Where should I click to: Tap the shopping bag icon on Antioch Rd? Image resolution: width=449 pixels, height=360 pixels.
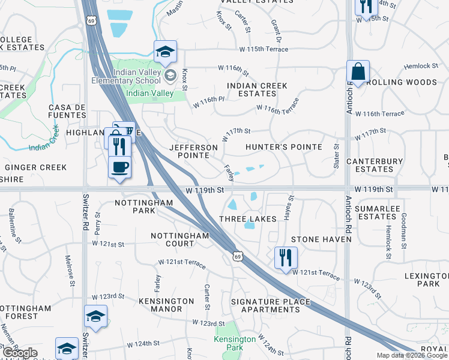point(358,72)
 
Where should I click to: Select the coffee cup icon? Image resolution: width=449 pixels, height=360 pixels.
point(119,166)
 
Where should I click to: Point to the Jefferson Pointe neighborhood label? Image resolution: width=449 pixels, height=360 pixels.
point(193,151)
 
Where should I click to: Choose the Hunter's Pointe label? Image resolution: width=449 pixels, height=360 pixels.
point(284,147)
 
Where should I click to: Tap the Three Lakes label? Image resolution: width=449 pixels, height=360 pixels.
point(247,219)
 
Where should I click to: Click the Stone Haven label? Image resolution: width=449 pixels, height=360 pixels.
point(321,239)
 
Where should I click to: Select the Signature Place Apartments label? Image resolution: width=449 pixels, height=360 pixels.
point(270,305)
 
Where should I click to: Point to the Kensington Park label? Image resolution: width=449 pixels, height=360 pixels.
point(235,343)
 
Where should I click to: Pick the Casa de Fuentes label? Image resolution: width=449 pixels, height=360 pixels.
point(68,111)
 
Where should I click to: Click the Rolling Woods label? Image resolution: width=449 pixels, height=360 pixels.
point(402,82)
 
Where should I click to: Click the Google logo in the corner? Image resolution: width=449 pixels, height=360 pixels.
point(19,353)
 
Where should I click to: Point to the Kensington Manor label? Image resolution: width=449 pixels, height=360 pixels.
point(166,305)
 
